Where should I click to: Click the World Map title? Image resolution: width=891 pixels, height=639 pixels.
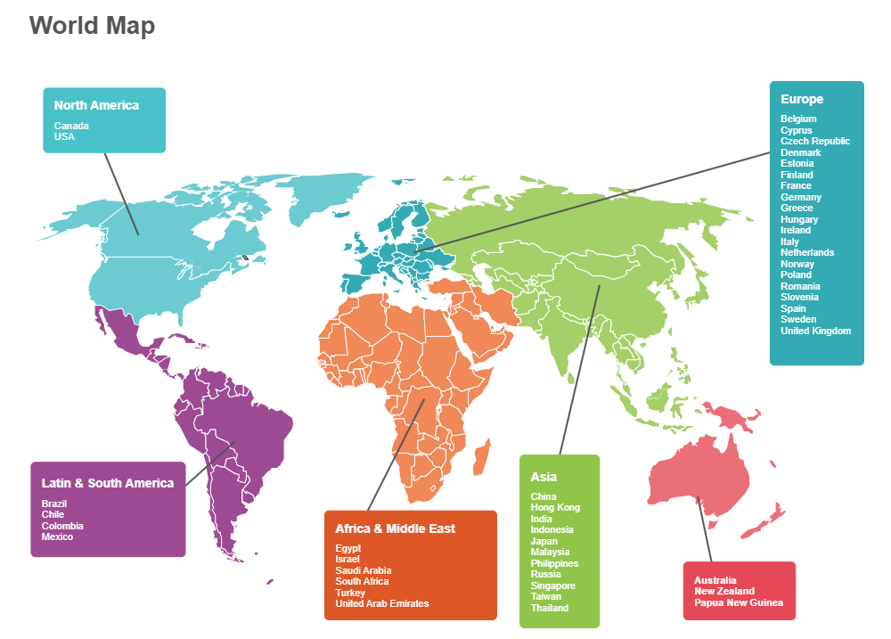click(x=92, y=25)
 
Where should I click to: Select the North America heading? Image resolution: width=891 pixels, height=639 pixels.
click(x=96, y=105)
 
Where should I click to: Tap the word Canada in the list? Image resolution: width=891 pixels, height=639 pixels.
click(x=71, y=126)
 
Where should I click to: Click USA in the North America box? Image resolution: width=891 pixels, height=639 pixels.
click(x=64, y=136)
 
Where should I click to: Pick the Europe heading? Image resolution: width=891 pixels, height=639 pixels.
click(x=802, y=99)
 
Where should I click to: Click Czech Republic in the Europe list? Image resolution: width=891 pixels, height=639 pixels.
click(x=815, y=141)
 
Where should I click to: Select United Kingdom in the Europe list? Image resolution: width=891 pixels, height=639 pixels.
click(x=815, y=331)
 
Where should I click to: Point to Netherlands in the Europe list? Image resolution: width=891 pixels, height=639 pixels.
click(x=807, y=252)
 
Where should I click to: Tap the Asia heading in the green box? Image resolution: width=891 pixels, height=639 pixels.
click(x=544, y=477)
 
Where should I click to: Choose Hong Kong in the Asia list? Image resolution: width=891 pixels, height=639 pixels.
click(x=555, y=507)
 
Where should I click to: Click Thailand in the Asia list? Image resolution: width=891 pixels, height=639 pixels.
click(x=550, y=608)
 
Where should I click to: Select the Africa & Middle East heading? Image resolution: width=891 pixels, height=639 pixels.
click(x=395, y=528)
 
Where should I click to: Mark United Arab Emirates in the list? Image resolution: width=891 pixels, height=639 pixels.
click(x=381, y=603)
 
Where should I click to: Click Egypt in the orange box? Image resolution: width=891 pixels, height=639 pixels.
click(x=348, y=548)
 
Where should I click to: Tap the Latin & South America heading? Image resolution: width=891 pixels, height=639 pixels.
click(x=108, y=483)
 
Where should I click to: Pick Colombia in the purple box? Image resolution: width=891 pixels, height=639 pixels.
click(x=62, y=526)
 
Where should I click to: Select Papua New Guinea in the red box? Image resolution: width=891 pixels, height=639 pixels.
click(x=739, y=602)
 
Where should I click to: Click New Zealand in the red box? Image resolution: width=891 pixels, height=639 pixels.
click(x=724, y=591)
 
